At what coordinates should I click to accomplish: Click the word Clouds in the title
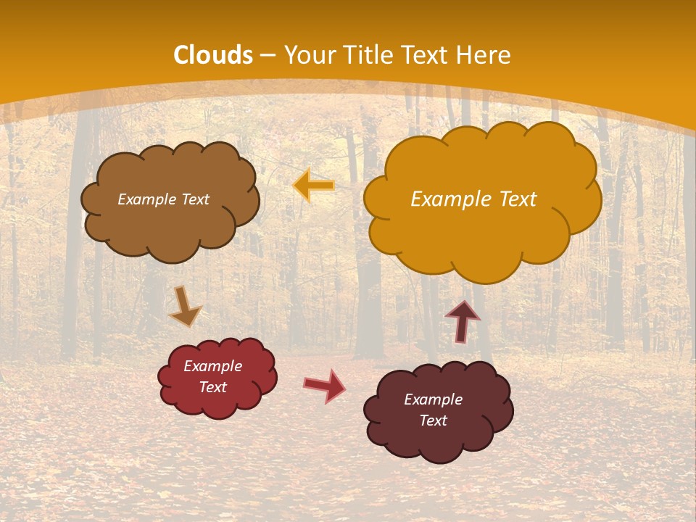pyautogui.click(x=213, y=55)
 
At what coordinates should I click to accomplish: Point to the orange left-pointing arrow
pyautogui.click(x=314, y=186)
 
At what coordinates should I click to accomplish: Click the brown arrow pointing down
pyautogui.click(x=184, y=306)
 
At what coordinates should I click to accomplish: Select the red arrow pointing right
pyautogui.click(x=324, y=385)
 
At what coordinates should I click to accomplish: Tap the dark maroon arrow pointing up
pyautogui.click(x=462, y=321)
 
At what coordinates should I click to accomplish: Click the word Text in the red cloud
pyautogui.click(x=213, y=387)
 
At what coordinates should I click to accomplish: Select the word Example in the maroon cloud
pyautogui.click(x=433, y=399)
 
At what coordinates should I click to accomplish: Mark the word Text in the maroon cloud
pyautogui.click(x=433, y=420)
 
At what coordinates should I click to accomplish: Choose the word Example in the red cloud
pyautogui.click(x=213, y=366)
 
